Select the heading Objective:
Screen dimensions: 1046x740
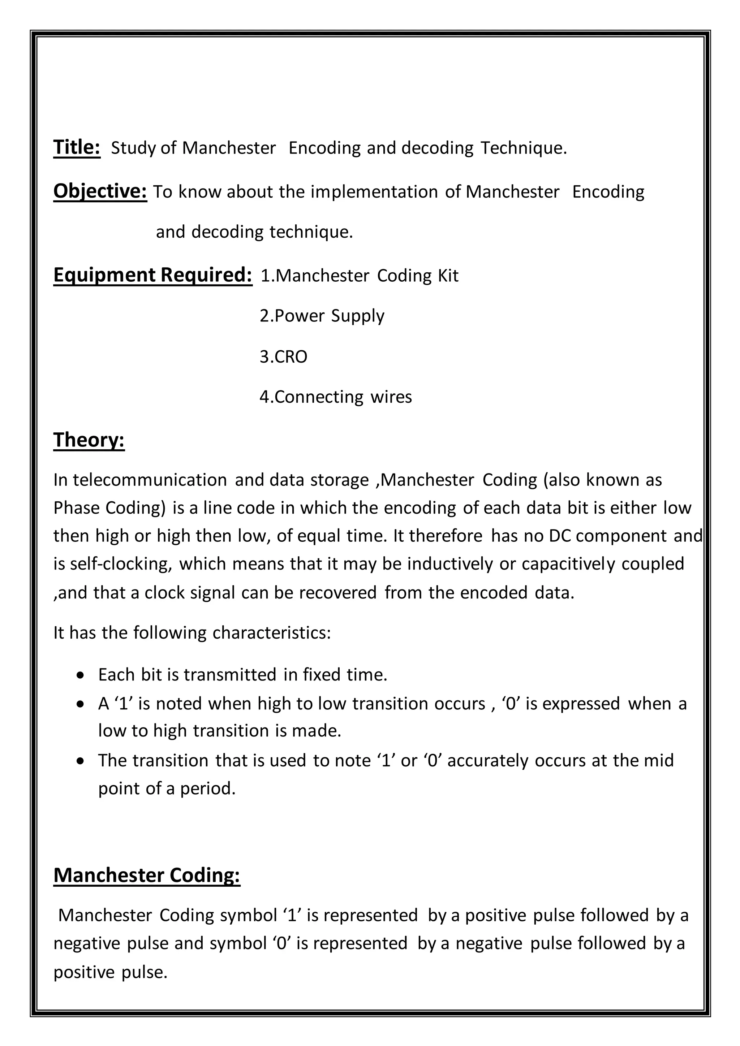[x=100, y=191]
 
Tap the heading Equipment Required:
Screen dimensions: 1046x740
[x=152, y=275]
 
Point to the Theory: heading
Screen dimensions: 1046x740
[x=89, y=440]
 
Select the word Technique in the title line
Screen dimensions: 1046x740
[x=523, y=148]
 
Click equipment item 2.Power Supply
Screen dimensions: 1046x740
[x=322, y=316]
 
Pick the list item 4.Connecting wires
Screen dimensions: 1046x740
[x=335, y=397]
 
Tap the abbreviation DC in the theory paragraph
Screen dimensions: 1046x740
[x=560, y=536]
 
